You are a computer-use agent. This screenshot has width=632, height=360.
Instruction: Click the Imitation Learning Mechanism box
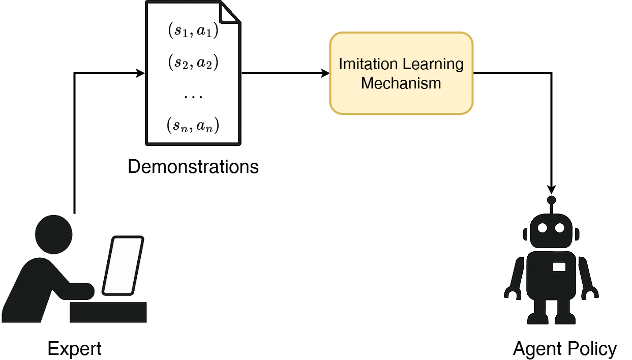401,73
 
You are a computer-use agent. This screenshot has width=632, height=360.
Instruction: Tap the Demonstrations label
193,166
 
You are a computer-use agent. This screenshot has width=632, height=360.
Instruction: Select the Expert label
74,349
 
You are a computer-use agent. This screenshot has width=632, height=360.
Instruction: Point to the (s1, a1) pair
193,30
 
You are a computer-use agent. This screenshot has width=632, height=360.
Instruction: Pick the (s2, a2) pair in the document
193,62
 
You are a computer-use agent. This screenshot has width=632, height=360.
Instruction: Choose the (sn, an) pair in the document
193,125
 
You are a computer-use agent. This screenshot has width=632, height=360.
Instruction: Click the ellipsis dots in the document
193,97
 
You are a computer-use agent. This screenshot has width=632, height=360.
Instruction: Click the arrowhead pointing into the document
140,73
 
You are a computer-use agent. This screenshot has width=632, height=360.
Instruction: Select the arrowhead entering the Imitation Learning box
325,73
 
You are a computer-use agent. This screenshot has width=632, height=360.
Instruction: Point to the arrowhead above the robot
551,189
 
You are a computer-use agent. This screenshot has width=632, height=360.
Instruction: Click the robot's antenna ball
551,200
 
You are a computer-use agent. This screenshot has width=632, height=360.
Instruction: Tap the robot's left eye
543,228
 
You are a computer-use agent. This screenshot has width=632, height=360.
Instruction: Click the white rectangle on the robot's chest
559,267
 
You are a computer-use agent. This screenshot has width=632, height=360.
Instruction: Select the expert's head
53,234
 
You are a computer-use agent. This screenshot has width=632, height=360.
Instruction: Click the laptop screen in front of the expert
123,266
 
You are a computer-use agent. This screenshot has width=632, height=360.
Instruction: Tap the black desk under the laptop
108,312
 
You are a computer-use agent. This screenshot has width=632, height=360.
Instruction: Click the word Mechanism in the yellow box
401,83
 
